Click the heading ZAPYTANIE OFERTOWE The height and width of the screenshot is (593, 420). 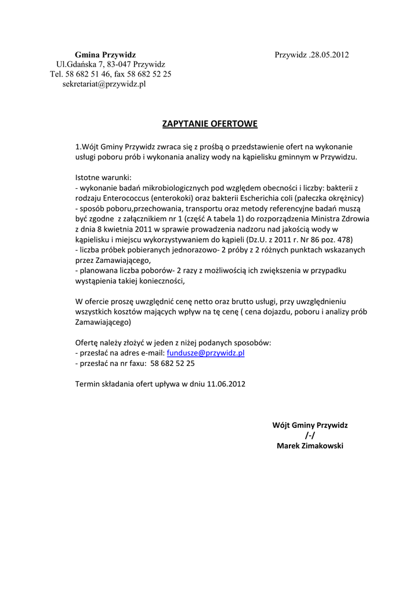[x=209, y=124]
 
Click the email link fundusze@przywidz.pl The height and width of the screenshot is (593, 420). [x=205, y=353]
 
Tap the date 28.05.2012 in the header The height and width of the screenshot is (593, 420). [x=329, y=54]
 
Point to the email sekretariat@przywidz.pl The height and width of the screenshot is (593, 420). [x=104, y=84]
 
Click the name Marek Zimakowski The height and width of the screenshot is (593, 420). [x=310, y=446]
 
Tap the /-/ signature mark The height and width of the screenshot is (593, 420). [x=310, y=435]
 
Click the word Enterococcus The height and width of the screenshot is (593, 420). [x=126, y=198]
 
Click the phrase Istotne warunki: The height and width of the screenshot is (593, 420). [x=104, y=177]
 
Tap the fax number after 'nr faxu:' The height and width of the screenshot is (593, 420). [x=172, y=363]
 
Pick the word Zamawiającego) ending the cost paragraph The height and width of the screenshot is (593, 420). [x=104, y=322]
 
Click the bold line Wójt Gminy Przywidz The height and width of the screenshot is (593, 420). [x=310, y=425]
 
